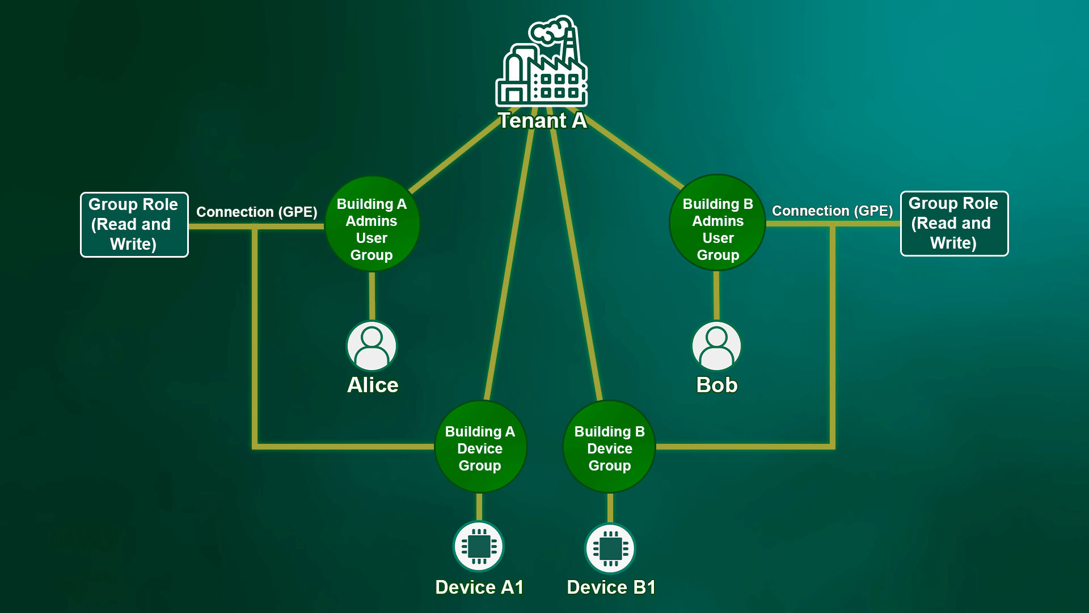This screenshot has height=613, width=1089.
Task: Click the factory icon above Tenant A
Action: click(x=542, y=62)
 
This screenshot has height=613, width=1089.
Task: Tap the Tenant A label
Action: click(x=542, y=121)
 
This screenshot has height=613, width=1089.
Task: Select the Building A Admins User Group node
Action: click(x=372, y=224)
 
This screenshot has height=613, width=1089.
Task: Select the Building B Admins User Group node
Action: click(x=717, y=223)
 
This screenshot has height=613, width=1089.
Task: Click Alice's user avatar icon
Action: click(x=372, y=346)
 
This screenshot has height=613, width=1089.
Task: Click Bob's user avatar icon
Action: click(x=716, y=346)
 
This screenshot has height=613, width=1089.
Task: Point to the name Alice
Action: click(x=373, y=385)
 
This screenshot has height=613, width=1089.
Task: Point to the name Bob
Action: click(x=717, y=385)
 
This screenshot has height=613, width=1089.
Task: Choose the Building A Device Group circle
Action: click(x=480, y=447)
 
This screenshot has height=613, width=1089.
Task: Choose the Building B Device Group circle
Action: click(x=610, y=447)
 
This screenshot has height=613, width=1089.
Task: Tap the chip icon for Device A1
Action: click(x=479, y=546)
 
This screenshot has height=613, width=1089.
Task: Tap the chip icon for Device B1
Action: click(x=610, y=548)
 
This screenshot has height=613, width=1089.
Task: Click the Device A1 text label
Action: click(x=479, y=587)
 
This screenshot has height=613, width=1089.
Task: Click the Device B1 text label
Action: click(x=611, y=587)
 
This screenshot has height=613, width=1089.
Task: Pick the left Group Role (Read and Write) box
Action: click(x=134, y=224)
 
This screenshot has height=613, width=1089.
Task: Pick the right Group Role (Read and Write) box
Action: click(x=954, y=223)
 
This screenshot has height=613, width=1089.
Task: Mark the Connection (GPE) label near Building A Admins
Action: click(x=256, y=212)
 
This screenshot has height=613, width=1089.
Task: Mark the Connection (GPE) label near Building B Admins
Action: click(x=832, y=211)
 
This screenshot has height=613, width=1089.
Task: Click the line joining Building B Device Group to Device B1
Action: click(x=610, y=507)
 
